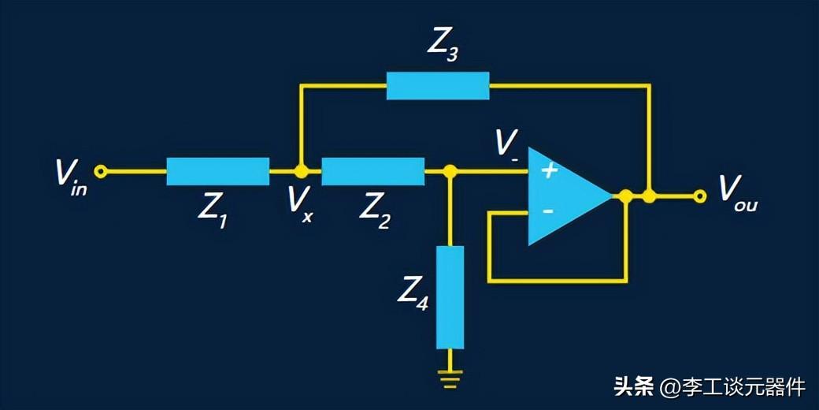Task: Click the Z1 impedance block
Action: tap(218, 171)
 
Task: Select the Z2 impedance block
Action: tap(373, 171)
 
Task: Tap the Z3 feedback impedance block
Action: tap(438, 86)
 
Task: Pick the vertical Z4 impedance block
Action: tap(450, 297)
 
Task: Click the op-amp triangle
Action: tap(570, 196)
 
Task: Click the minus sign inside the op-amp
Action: tap(548, 211)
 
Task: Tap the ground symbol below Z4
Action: tap(450, 375)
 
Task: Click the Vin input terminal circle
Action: tap(100, 171)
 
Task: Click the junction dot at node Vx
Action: tap(300, 171)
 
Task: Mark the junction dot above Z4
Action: tap(450, 171)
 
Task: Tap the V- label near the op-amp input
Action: tap(506, 148)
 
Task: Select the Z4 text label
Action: tap(413, 296)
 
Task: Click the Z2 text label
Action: tap(375, 214)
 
